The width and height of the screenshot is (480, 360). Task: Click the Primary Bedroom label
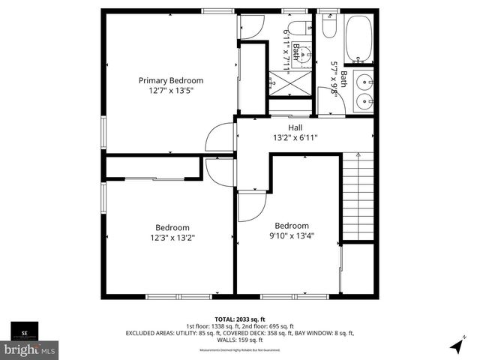[x=170, y=80]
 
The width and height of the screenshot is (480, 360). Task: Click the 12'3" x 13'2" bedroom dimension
[x=172, y=238]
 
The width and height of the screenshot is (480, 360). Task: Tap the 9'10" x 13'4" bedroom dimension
[x=291, y=235]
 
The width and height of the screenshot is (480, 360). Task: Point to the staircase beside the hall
[x=358, y=196]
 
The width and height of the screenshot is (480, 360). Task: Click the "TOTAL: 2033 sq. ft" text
[x=239, y=319]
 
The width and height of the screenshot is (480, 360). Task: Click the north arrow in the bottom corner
[x=456, y=346]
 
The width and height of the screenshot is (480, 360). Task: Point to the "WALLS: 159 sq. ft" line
[x=239, y=340]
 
